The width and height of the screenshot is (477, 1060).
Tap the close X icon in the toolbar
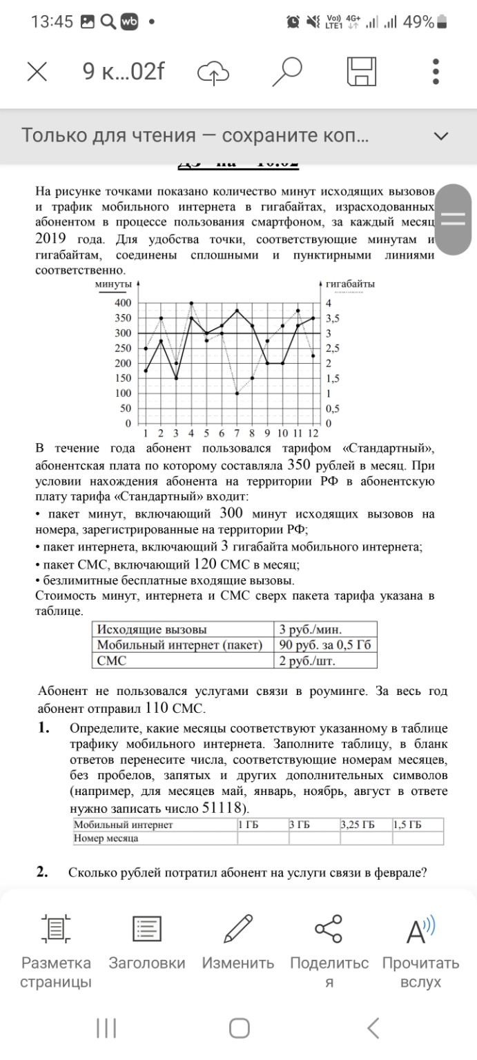tap(37, 71)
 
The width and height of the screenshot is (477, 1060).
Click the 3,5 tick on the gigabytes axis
tap(333, 318)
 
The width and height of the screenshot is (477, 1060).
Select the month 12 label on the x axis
tap(313, 433)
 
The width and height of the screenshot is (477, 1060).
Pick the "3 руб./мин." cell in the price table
tap(310, 629)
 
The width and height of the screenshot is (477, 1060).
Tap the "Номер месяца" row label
tap(106, 838)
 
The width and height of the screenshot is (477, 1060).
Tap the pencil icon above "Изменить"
tap(238, 928)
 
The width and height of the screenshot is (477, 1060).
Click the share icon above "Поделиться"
tap(329, 928)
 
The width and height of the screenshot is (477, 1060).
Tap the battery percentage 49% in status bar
tap(418, 22)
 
